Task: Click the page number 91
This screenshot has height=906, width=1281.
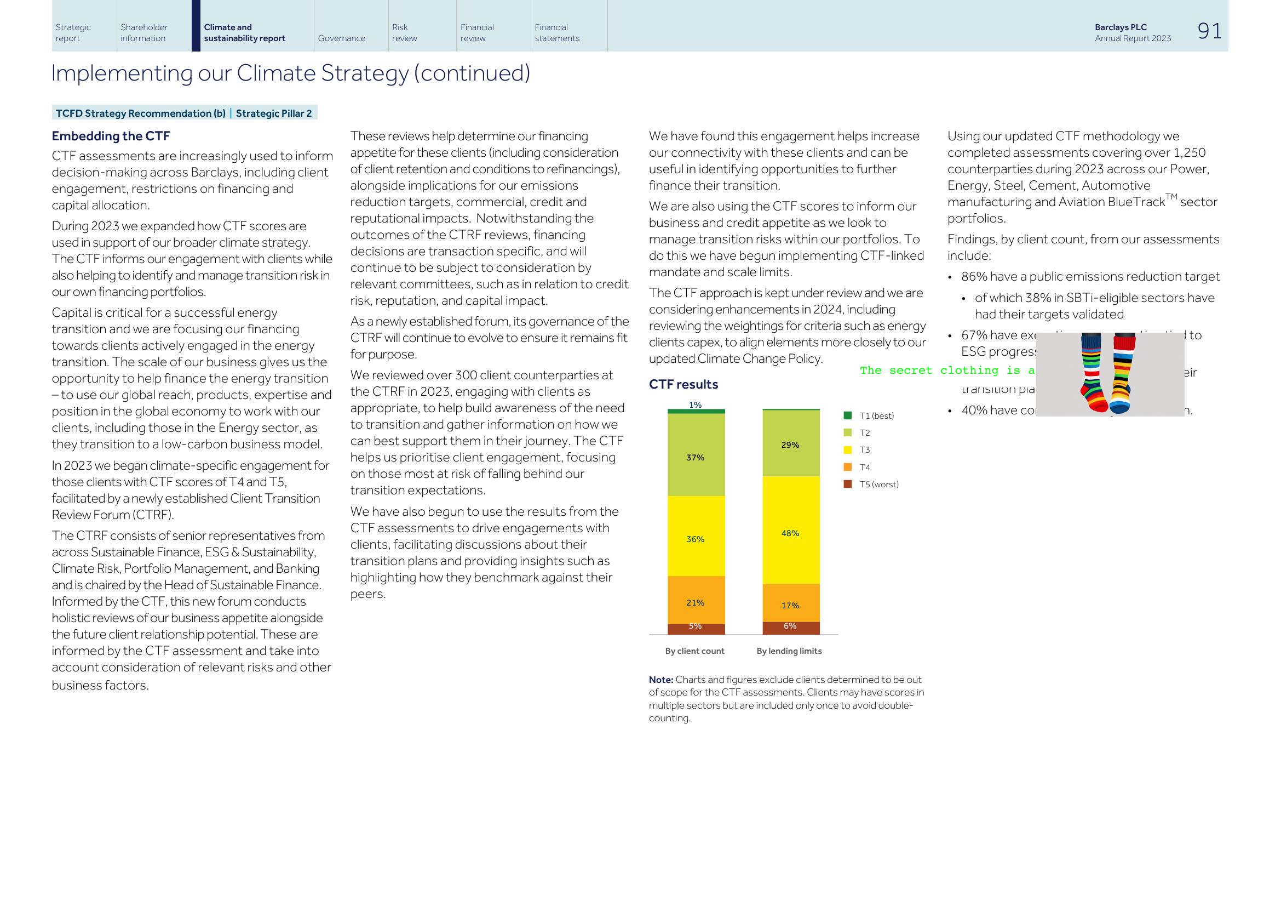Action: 1209,31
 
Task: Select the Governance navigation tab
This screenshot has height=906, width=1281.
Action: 341,38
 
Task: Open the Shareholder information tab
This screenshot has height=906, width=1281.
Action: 144,32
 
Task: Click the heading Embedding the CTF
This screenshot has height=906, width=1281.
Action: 111,136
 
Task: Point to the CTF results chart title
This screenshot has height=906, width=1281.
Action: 683,384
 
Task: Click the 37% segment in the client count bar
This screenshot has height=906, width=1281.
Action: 696,457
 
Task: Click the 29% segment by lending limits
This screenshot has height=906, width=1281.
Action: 791,445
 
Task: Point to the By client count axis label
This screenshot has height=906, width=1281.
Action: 694,651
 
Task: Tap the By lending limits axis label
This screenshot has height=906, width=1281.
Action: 789,651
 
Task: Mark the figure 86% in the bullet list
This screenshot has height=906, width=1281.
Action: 974,277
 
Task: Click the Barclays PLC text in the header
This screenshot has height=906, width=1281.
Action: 1121,27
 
